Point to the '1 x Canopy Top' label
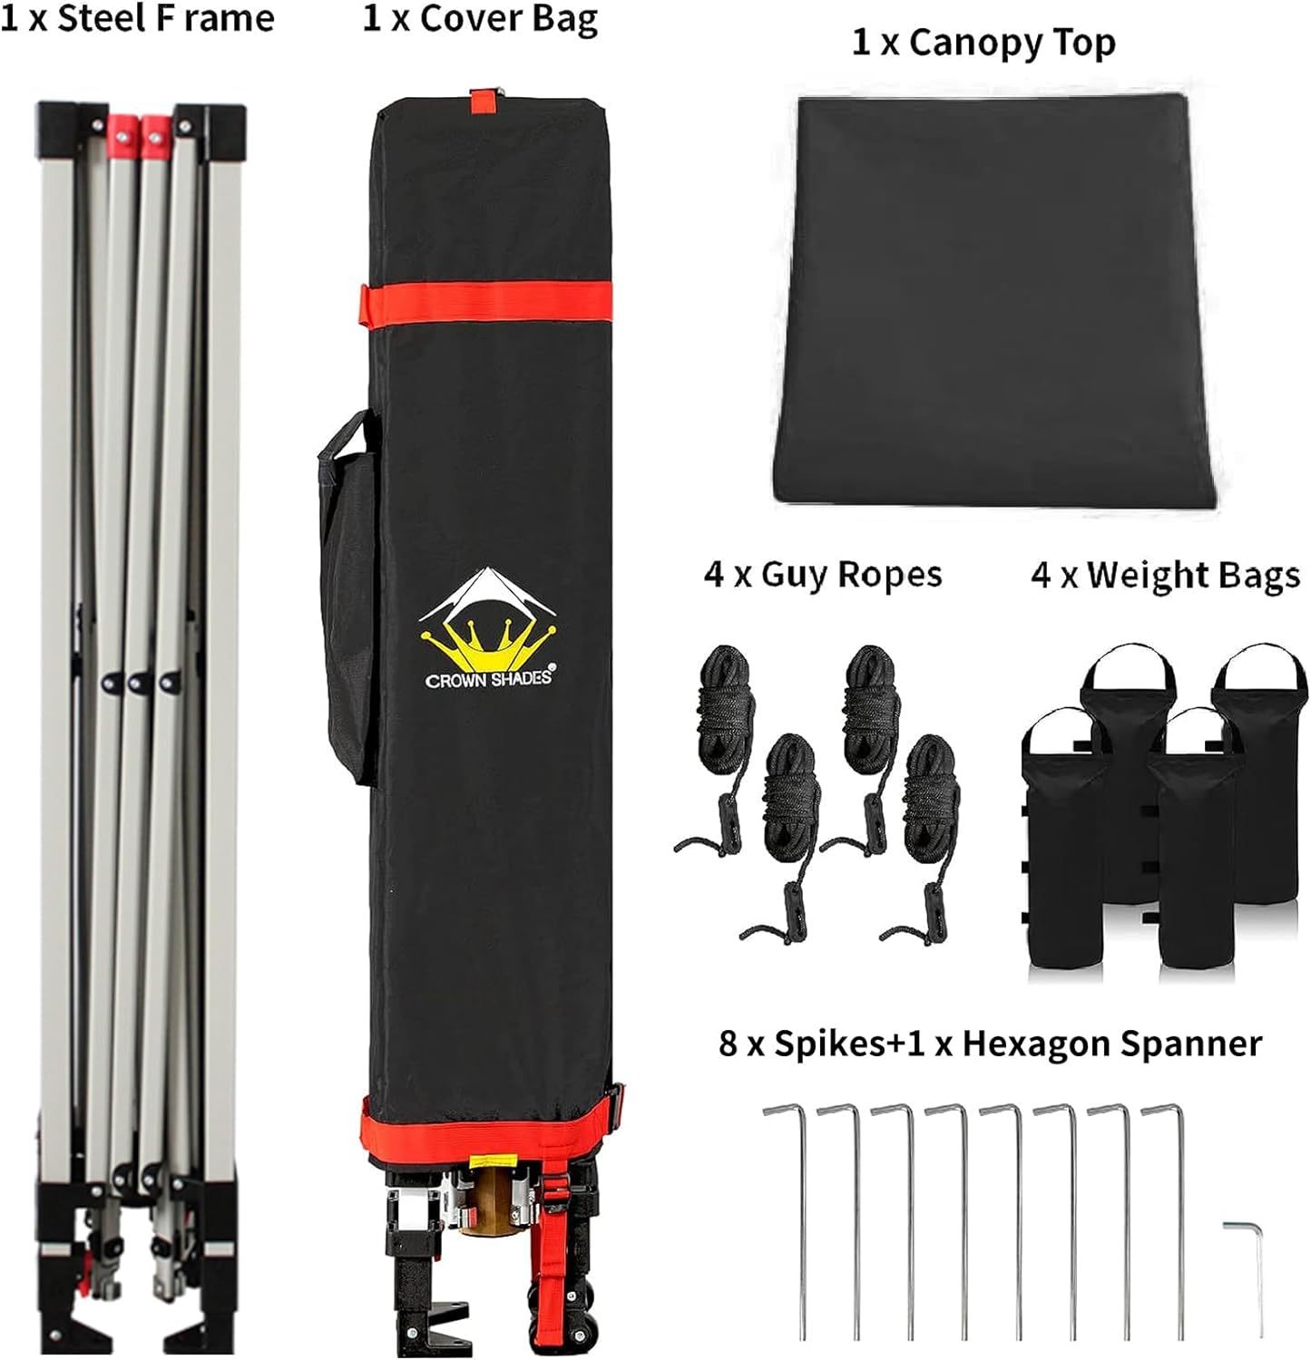pyautogui.click(x=983, y=43)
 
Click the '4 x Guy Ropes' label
pyautogui.click(x=823, y=575)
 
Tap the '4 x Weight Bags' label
pyautogui.click(x=1165, y=575)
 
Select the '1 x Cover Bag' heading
pyautogui.click(x=480, y=19)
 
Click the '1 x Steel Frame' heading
pyautogui.click(x=137, y=18)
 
